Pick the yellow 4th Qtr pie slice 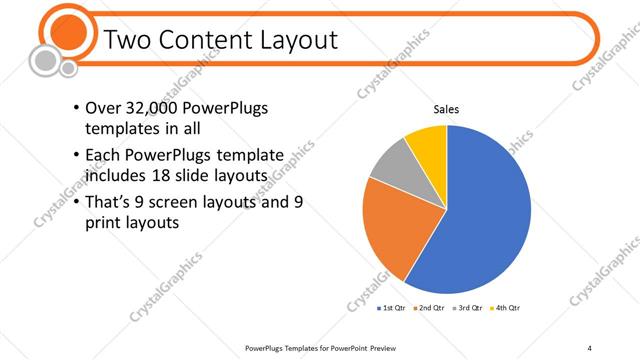(428, 142)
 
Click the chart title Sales (446, 109)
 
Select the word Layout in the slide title (290, 40)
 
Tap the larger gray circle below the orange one (45, 61)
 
